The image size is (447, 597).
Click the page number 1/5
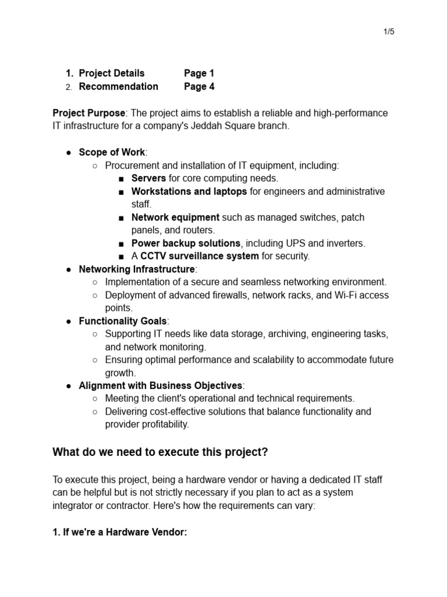[389, 31]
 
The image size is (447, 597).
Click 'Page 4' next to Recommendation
[199, 87]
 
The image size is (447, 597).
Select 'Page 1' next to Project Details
[199, 73]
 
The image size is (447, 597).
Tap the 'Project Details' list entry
[112, 73]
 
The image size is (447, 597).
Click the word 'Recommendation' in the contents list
[118, 87]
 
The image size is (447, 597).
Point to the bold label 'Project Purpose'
[88, 113]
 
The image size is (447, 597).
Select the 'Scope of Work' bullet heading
[112, 153]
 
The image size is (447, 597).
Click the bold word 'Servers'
[148, 178]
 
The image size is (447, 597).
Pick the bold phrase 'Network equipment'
[175, 217]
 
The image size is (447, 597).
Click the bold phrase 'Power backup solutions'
[186, 243]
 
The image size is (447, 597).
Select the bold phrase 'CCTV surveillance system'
[200, 256]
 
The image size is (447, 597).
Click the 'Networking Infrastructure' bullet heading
[137, 269]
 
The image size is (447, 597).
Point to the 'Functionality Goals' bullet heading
[123, 321]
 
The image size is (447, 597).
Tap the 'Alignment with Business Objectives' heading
[161, 386]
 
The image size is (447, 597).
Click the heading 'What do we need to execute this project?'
[160, 452]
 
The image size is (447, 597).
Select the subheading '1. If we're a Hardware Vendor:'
[120, 532]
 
